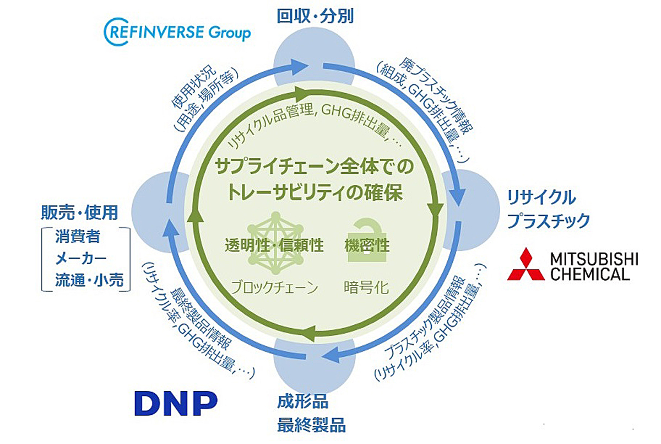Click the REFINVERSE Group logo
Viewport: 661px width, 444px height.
click(x=177, y=32)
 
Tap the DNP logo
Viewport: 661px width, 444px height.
click(x=176, y=403)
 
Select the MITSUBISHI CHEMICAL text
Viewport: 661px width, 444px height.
click(x=594, y=267)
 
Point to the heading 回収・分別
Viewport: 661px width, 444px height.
click(x=315, y=16)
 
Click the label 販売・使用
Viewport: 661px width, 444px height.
click(x=79, y=212)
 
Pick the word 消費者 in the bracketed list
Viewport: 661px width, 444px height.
click(x=78, y=237)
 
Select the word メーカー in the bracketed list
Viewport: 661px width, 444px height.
click(x=80, y=259)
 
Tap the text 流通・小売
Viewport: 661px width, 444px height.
click(x=89, y=280)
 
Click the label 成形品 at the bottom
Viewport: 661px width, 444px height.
click(x=302, y=402)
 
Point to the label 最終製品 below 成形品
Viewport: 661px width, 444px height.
click(x=311, y=425)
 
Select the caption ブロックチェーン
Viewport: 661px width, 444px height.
click(x=274, y=287)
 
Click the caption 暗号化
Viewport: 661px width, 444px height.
click(x=366, y=287)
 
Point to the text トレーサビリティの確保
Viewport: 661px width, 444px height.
click(x=315, y=192)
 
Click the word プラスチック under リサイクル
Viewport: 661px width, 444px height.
click(x=548, y=221)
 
